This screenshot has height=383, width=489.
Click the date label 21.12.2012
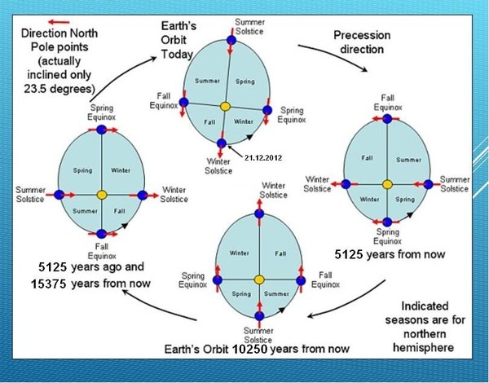point(263,158)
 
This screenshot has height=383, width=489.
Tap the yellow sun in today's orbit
point(225,107)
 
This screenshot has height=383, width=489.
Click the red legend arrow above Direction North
point(59,22)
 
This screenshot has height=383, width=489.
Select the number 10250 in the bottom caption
point(250,349)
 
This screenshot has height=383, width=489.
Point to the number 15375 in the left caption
point(48,284)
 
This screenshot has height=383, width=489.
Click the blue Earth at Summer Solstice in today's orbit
point(231,40)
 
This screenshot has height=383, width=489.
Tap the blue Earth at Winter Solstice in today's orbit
point(222,143)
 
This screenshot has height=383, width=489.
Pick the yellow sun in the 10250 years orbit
point(259,280)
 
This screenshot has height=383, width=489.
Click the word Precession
point(362,35)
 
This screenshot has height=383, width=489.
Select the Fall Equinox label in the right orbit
point(388,103)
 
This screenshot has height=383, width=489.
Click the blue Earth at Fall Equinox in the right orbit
point(387,119)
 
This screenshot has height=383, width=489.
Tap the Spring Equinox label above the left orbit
point(101,112)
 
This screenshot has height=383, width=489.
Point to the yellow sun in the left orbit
point(102,196)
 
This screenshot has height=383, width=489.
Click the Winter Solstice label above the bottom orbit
point(273,190)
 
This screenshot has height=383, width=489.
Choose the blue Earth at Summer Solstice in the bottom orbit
point(259,316)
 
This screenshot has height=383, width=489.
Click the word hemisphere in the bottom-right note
point(424,347)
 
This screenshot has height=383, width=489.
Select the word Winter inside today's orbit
point(244,121)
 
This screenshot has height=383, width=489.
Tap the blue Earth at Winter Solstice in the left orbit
point(142,196)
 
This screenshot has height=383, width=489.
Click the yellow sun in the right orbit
point(387,184)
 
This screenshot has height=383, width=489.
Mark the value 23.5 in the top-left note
point(36,89)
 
